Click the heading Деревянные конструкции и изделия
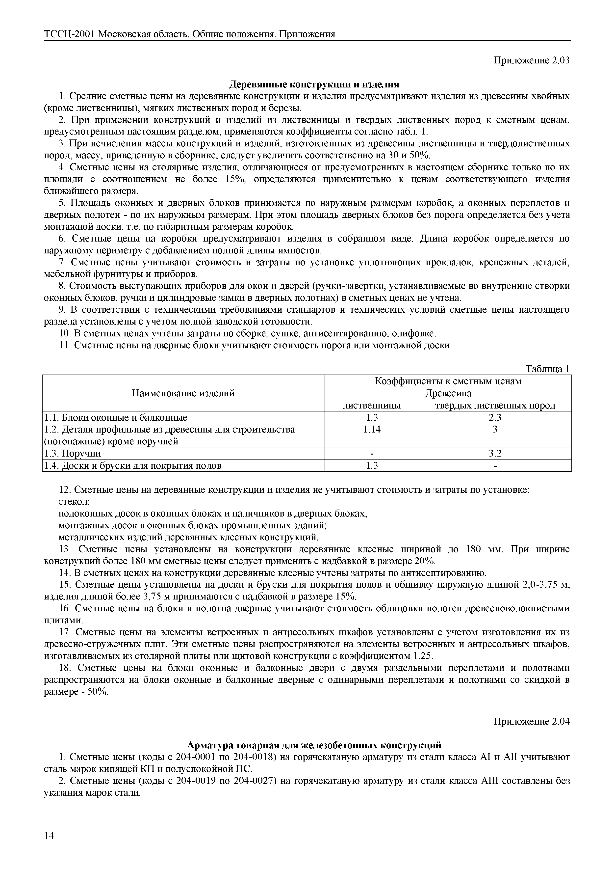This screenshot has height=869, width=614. point(315,84)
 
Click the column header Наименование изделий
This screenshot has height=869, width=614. point(183,393)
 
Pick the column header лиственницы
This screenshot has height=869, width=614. point(372,405)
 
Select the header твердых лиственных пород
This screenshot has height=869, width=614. point(495,405)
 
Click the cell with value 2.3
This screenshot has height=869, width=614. point(495,417)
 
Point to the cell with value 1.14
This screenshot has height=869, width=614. point(372,430)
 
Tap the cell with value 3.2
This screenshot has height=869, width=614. point(495,453)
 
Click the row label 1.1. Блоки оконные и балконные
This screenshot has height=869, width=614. point(116,417)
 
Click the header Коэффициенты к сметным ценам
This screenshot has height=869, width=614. point(448,381)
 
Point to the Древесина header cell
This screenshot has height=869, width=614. point(448,393)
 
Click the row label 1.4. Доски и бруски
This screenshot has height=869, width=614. point(132,465)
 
